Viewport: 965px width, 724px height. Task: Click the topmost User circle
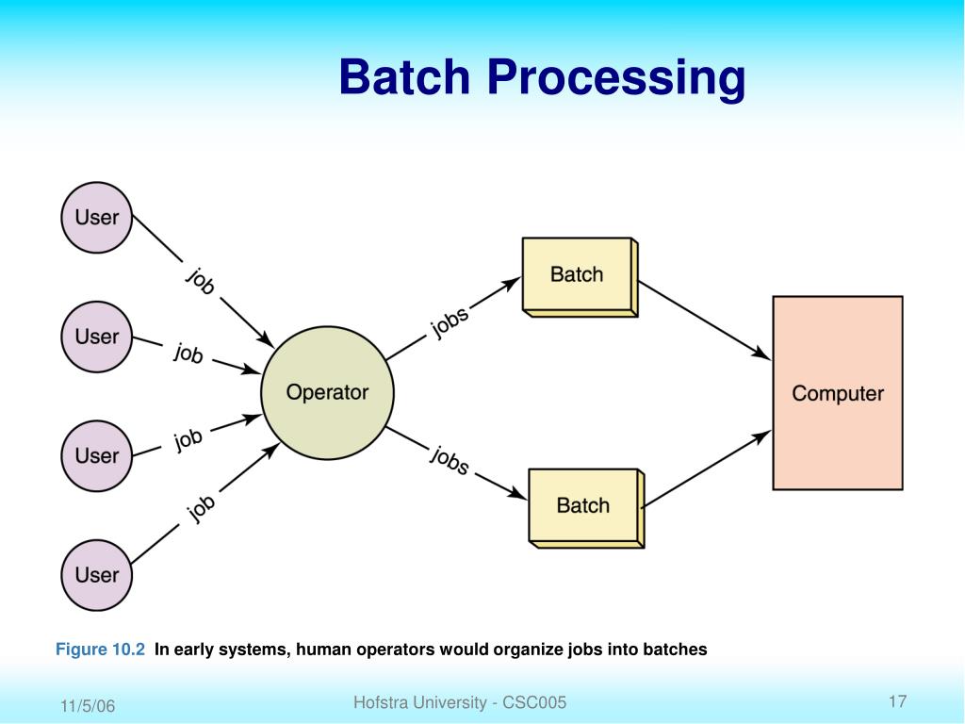(x=97, y=218)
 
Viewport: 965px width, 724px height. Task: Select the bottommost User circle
(x=97, y=575)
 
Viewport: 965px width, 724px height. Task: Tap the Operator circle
(x=327, y=393)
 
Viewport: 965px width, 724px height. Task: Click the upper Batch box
(x=580, y=277)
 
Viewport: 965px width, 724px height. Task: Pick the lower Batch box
(x=586, y=508)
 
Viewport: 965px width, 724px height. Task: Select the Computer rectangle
(x=838, y=393)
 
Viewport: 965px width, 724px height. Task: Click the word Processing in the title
(x=616, y=77)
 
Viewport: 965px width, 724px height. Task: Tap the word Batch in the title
(x=404, y=77)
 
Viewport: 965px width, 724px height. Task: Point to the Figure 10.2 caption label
(x=100, y=650)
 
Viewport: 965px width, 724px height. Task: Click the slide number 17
(x=897, y=701)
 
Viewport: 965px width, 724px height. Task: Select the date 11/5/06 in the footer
(x=88, y=705)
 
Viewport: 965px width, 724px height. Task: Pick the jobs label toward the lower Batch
(x=450, y=460)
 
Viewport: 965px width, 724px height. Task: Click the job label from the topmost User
(x=201, y=281)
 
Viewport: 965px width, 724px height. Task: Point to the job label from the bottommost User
(x=201, y=508)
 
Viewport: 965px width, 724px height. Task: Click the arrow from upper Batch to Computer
(x=705, y=321)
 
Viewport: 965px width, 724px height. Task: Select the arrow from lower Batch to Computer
(x=706, y=469)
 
